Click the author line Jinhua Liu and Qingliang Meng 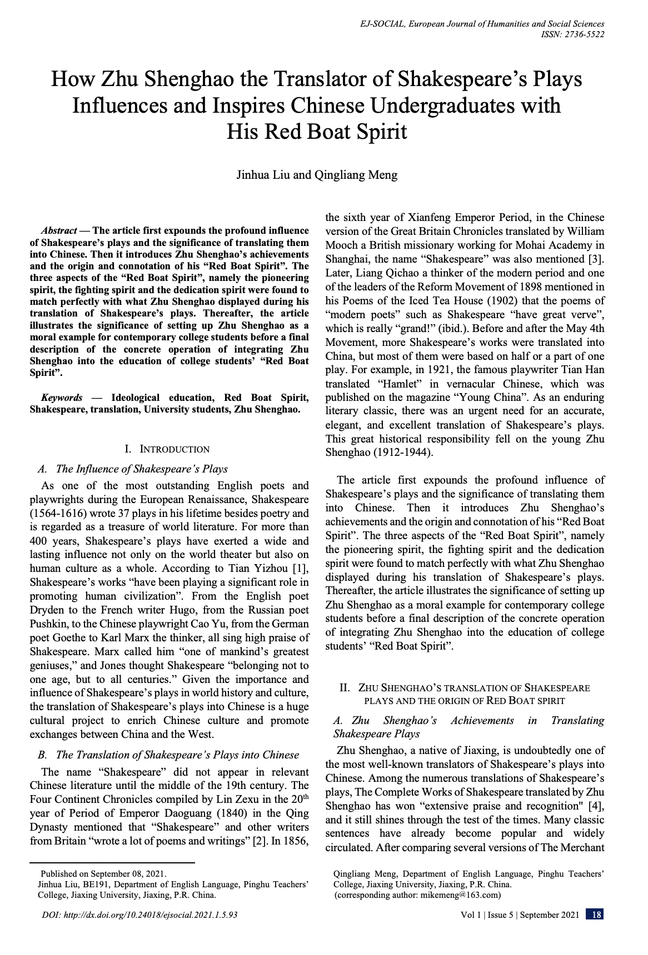pyautogui.click(x=317, y=175)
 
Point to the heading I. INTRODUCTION pyautogui.click(x=167, y=449)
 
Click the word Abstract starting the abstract pyautogui.click(x=58, y=230)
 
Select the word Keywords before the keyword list pyautogui.click(x=62, y=398)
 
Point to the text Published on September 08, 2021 pyautogui.click(x=103, y=874)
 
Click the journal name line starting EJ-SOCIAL pyautogui.click(x=482, y=24)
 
